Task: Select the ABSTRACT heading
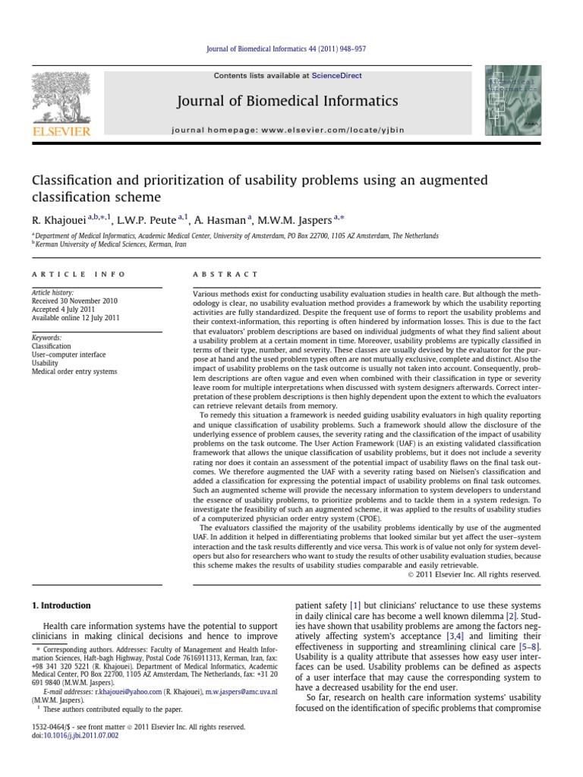click(226, 274)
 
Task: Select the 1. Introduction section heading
click(61, 606)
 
